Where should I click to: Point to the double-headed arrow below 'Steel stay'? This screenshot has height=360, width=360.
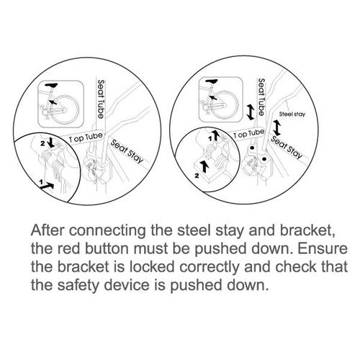click(x=276, y=131)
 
